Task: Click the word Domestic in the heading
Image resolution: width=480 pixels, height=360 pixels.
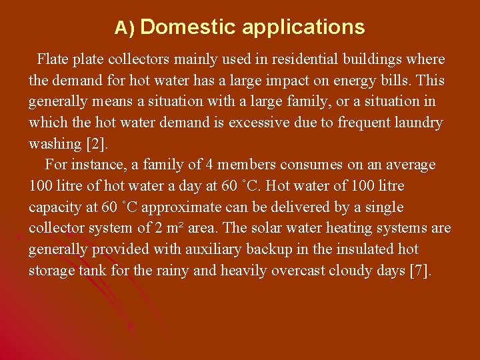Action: [188, 27]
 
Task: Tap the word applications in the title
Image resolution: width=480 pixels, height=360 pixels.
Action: [303, 28]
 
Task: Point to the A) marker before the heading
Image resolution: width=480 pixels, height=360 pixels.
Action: [125, 28]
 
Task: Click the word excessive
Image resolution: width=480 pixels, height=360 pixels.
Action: [259, 123]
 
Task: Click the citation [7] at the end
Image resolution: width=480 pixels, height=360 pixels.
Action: [420, 271]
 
